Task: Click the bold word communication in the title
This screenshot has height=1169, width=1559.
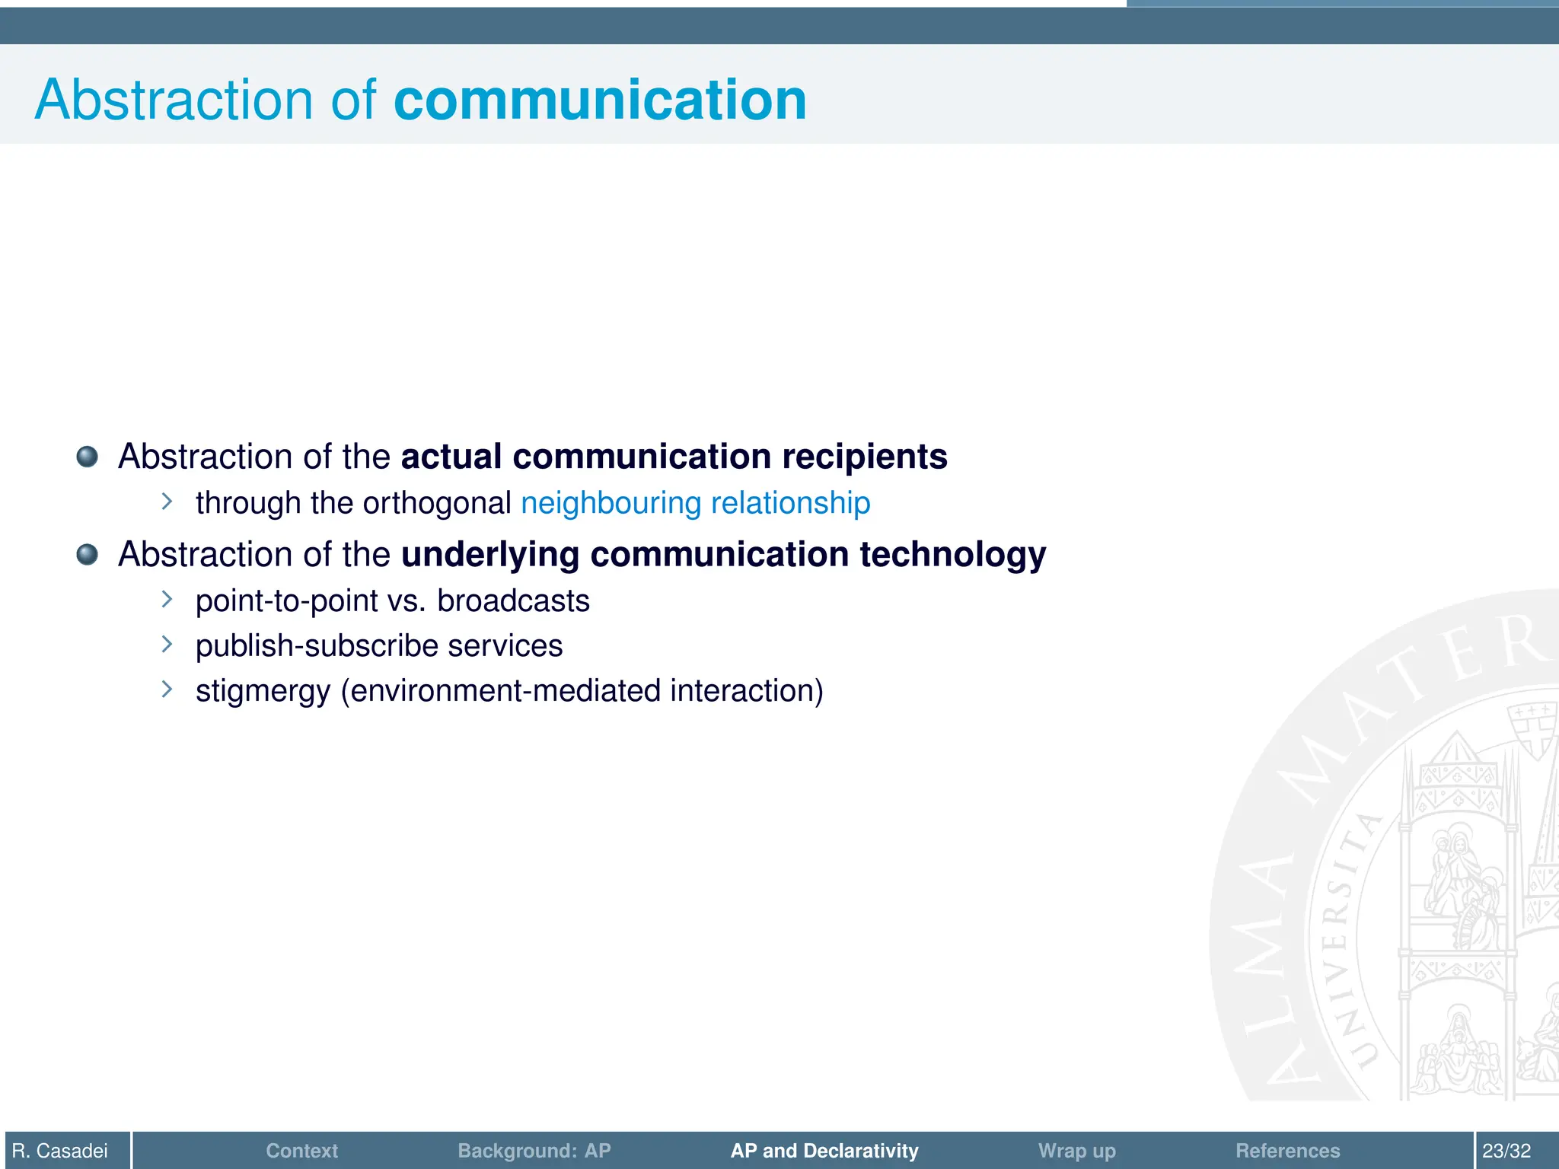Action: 600,100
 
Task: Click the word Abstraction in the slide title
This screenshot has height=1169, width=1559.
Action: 174,100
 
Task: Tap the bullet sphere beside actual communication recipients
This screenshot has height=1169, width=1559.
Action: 88,457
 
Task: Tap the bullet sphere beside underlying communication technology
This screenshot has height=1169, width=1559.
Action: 88,554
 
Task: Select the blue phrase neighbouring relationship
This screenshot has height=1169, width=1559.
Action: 695,503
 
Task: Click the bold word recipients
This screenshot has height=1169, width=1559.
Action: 864,457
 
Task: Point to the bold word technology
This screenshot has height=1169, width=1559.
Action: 952,554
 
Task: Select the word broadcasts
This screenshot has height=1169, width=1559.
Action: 513,601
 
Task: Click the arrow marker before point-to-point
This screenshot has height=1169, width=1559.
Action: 167,600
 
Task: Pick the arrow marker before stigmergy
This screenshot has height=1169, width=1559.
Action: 167,690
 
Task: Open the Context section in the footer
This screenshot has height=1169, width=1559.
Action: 301,1151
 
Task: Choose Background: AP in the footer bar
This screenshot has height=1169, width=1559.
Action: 534,1151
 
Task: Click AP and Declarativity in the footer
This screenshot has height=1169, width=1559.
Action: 824,1151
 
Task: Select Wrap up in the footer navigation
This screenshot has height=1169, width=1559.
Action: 1076,1151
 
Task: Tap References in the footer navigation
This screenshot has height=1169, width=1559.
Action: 1287,1151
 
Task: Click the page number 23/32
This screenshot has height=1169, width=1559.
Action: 1506,1151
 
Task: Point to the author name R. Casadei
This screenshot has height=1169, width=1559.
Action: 60,1151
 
